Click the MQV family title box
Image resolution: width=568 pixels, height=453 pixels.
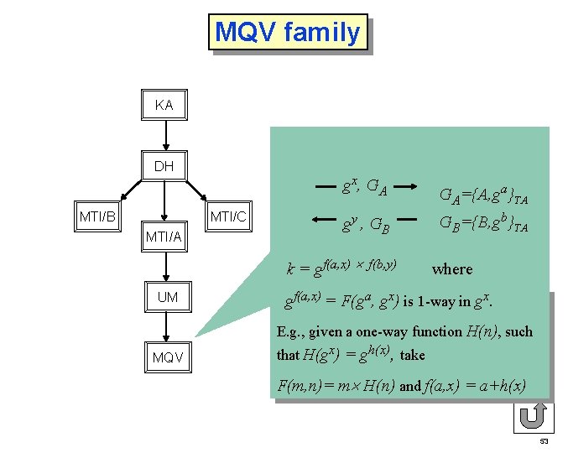(288, 33)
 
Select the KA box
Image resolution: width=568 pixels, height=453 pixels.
(164, 106)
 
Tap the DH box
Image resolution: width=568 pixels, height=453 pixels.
(164, 166)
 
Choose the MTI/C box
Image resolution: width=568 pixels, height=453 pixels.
(228, 216)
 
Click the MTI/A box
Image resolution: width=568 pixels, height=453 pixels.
(164, 237)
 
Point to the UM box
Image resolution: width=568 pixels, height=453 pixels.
(167, 297)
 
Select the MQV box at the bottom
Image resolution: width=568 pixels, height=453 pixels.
(167, 358)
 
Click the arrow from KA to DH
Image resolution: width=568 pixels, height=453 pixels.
(165, 135)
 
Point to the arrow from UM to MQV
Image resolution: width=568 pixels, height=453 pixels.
(167, 327)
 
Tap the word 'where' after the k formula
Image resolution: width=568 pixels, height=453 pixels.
(451, 269)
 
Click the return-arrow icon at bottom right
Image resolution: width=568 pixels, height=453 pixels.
(531, 416)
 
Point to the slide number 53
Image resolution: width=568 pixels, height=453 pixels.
(544, 441)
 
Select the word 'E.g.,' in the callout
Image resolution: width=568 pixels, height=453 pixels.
(291, 332)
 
